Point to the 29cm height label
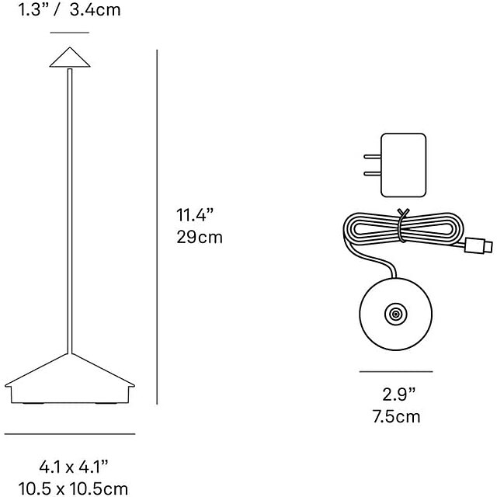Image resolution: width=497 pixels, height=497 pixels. point(200,238)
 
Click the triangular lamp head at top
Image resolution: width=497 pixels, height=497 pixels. point(70,57)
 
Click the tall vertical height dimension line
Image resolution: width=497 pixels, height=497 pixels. point(158,225)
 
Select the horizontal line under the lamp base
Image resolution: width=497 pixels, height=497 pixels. point(70,434)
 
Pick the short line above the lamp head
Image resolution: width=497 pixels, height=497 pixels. point(70,32)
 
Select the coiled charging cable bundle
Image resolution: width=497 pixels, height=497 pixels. point(400,231)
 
